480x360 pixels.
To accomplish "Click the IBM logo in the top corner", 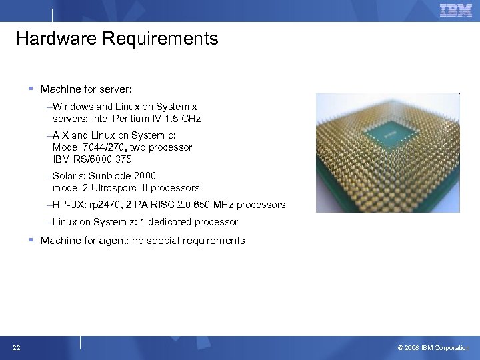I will click(x=456, y=10).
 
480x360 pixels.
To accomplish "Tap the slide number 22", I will click(x=15, y=347).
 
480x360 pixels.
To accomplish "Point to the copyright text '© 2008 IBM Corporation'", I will click(x=433, y=347).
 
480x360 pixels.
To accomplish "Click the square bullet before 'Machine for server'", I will click(x=31, y=88).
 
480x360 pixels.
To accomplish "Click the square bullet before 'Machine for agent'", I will click(x=31, y=240).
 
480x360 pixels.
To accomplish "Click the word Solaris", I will click(x=68, y=176).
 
